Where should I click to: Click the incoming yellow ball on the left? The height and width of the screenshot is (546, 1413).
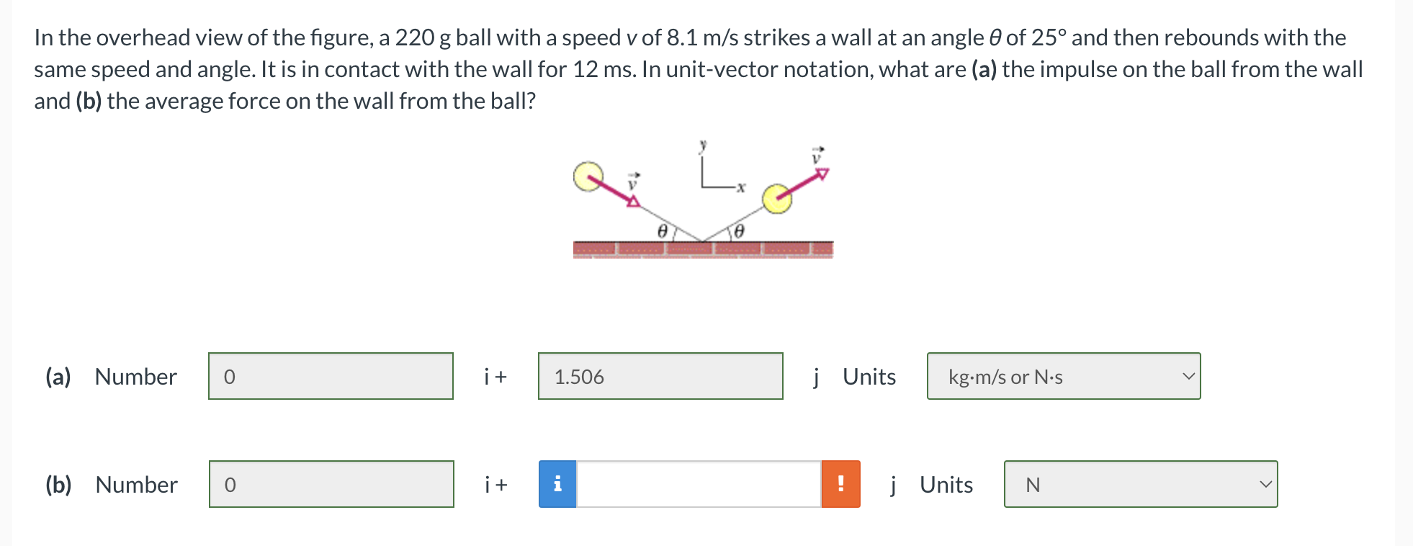[x=588, y=176]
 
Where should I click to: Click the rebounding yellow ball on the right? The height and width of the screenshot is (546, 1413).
[x=777, y=199]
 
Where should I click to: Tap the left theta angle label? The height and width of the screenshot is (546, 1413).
[x=663, y=231]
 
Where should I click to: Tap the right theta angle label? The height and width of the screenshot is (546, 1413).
[x=738, y=231]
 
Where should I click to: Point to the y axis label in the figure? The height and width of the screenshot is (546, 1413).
[x=703, y=146]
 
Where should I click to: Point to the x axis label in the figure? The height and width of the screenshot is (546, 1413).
[x=740, y=187]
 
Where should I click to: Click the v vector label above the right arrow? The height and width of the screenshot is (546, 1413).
[x=817, y=156]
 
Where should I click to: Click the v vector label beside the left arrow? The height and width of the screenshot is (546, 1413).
[x=633, y=182]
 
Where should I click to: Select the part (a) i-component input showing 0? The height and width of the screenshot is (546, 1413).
[x=331, y=376]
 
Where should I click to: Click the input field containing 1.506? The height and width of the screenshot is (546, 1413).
[x=660, y=376]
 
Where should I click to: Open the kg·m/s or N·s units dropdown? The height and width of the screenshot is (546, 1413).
[x=1064, y=376]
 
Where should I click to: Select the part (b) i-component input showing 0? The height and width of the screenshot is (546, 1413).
[x=331, y=484]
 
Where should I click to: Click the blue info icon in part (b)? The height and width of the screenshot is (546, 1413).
[x=557, y=484]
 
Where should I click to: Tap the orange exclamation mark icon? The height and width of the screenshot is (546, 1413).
[x=840, y=484]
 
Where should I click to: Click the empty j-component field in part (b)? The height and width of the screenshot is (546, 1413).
[x=699, y=484]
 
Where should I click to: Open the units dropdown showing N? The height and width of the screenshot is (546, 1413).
[x=1141, y=484]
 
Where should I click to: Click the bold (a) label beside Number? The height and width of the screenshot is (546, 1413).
[x=58, y=377]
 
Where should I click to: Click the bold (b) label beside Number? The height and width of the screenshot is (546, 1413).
[x=58, y=485]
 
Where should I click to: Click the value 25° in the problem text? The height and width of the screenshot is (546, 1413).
[x=1049, y=37]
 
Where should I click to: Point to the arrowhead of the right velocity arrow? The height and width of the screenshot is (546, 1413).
[x=823, y=174]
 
